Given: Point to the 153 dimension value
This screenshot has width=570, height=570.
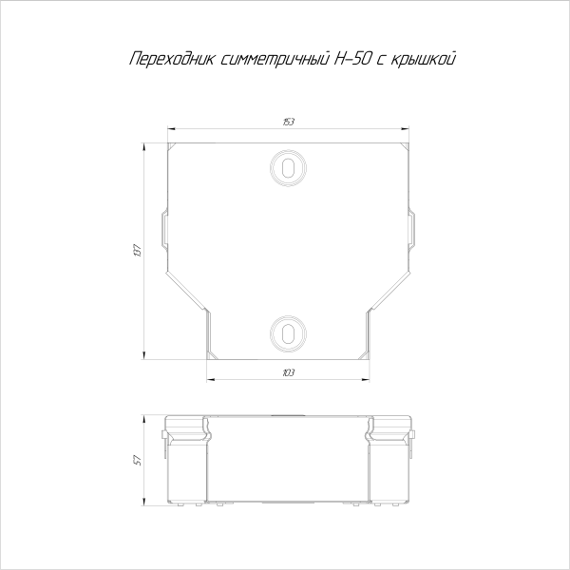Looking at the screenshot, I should (x=287, y=122).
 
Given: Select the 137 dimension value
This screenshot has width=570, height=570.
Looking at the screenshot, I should (x=139, y=252).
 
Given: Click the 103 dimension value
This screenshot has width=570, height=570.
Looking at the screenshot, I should (x=287, y=372).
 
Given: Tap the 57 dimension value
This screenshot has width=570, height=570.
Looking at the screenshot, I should (x=139, y=460).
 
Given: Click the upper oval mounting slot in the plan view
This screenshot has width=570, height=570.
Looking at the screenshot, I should (x=287, y=165).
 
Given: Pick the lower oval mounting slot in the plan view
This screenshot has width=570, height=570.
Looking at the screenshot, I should (x=287, y=331).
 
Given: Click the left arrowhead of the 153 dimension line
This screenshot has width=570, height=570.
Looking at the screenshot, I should (x=170, y=128).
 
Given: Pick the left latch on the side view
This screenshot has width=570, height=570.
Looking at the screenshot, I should (x=165, y=438).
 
